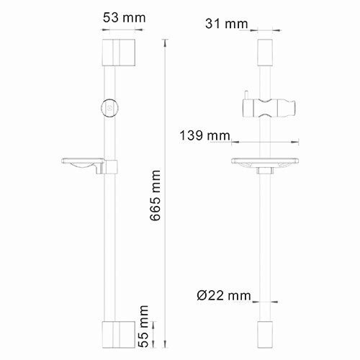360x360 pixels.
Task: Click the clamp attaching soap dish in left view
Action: pyautogui.click(x=109, y=167)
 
